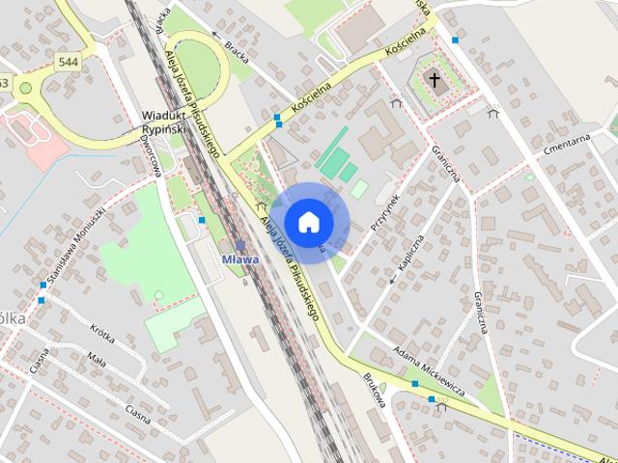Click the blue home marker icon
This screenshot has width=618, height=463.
308,222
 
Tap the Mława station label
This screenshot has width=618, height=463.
240,259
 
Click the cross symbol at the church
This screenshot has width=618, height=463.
435,80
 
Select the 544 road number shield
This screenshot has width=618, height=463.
68,63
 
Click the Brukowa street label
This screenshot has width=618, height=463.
375,389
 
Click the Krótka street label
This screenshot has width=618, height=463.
101,334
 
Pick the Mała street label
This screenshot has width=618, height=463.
97,364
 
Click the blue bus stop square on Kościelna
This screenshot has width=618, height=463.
278,120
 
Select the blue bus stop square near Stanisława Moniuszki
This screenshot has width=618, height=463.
42,285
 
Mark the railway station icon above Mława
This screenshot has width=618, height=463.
240,245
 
